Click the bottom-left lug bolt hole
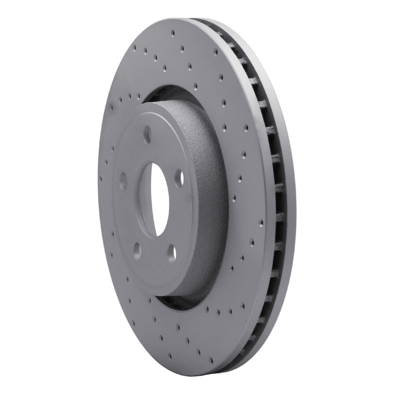coord(137,252)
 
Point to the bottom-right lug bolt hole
coord(172,253)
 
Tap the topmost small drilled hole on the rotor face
coord(173,33)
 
